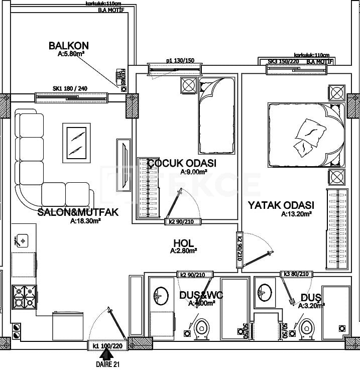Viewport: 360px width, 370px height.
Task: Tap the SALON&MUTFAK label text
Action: pyautogui.click(x=78, y=212)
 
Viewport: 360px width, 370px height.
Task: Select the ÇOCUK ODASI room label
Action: pyautogui.click(x=182, y=163)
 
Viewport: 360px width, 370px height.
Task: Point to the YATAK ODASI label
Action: pyautogui.click(x=281, y=205)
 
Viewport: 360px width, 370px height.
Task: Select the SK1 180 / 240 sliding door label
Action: pyautogui.click(x=70, y=89)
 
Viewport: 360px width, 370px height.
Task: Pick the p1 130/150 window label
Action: pyautogui.click(x=176, y=61)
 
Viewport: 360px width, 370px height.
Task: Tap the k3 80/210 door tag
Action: pyautogui.click(x=297, y=274)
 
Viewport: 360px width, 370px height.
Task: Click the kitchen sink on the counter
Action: pyautogui.click(x=23, y=240)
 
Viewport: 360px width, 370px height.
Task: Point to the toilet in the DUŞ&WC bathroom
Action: pyautogui.click(x=202, y=327)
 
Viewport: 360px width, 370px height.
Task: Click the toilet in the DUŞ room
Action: pyautogui.click(x=306, y=327)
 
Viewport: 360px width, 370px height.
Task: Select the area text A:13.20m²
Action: pyautogui.click(x=296, y=214)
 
